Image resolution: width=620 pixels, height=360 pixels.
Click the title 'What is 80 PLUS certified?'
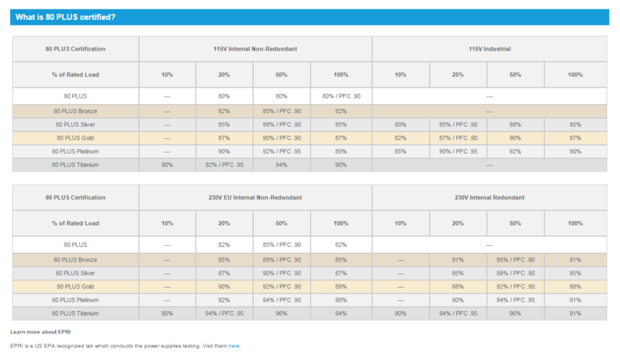[x=65, y=17]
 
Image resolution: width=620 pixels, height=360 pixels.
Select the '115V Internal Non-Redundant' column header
[x=255, y=49]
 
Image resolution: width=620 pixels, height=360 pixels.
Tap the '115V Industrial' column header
[x=489, y=49]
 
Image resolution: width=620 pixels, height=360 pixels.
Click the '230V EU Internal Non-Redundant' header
[x=255, y=198]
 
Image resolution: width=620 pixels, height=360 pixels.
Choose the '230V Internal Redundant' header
[x=489, y=198]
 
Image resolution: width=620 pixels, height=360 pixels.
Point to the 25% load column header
[x=458, y=74]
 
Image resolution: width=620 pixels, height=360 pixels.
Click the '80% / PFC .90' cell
[x=339, y=96]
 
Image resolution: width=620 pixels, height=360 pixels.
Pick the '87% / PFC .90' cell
[x=458, y=137]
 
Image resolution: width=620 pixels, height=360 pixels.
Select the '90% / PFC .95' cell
[x=458, y=151]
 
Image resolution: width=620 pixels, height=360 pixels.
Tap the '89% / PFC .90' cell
[x=515, y=272]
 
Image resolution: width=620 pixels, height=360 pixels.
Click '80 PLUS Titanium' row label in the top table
[x=74, y=164]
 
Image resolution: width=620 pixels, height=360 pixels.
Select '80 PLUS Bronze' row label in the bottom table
[x=74, y=259]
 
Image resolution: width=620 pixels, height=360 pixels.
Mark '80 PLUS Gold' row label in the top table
[x=74, y=137]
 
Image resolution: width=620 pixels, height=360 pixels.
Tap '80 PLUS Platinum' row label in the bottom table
[x=74, y=299]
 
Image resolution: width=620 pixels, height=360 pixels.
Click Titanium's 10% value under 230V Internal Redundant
[x=400, y=313]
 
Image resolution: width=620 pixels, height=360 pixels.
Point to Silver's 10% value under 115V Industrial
[x=400, y=123]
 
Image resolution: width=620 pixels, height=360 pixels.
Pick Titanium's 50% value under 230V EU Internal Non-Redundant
[x=282, y=313]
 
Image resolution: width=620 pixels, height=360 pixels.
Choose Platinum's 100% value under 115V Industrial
[x=575, y=151]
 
